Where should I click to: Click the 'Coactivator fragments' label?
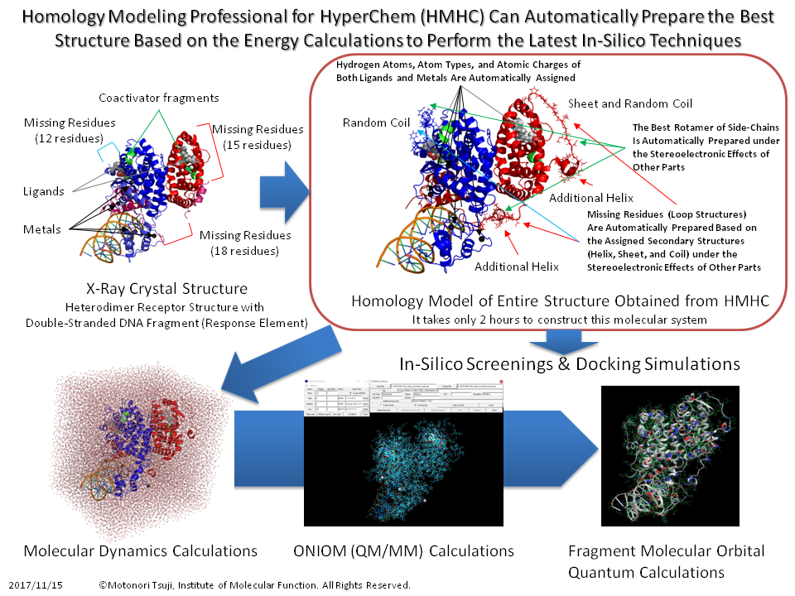click(159, 98)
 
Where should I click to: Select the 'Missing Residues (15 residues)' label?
click(258, 137)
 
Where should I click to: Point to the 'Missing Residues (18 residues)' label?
click(246, 243)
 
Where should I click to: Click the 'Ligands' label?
click(44, 191)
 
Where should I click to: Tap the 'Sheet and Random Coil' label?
click(630, 103)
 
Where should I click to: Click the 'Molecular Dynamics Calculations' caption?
click(141, 551)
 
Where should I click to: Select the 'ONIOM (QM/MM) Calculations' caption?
click(404, 551)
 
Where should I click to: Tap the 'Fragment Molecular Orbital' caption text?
click(667, 551)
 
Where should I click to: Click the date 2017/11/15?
click(36, 585)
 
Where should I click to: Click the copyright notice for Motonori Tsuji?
click(254, 585)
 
